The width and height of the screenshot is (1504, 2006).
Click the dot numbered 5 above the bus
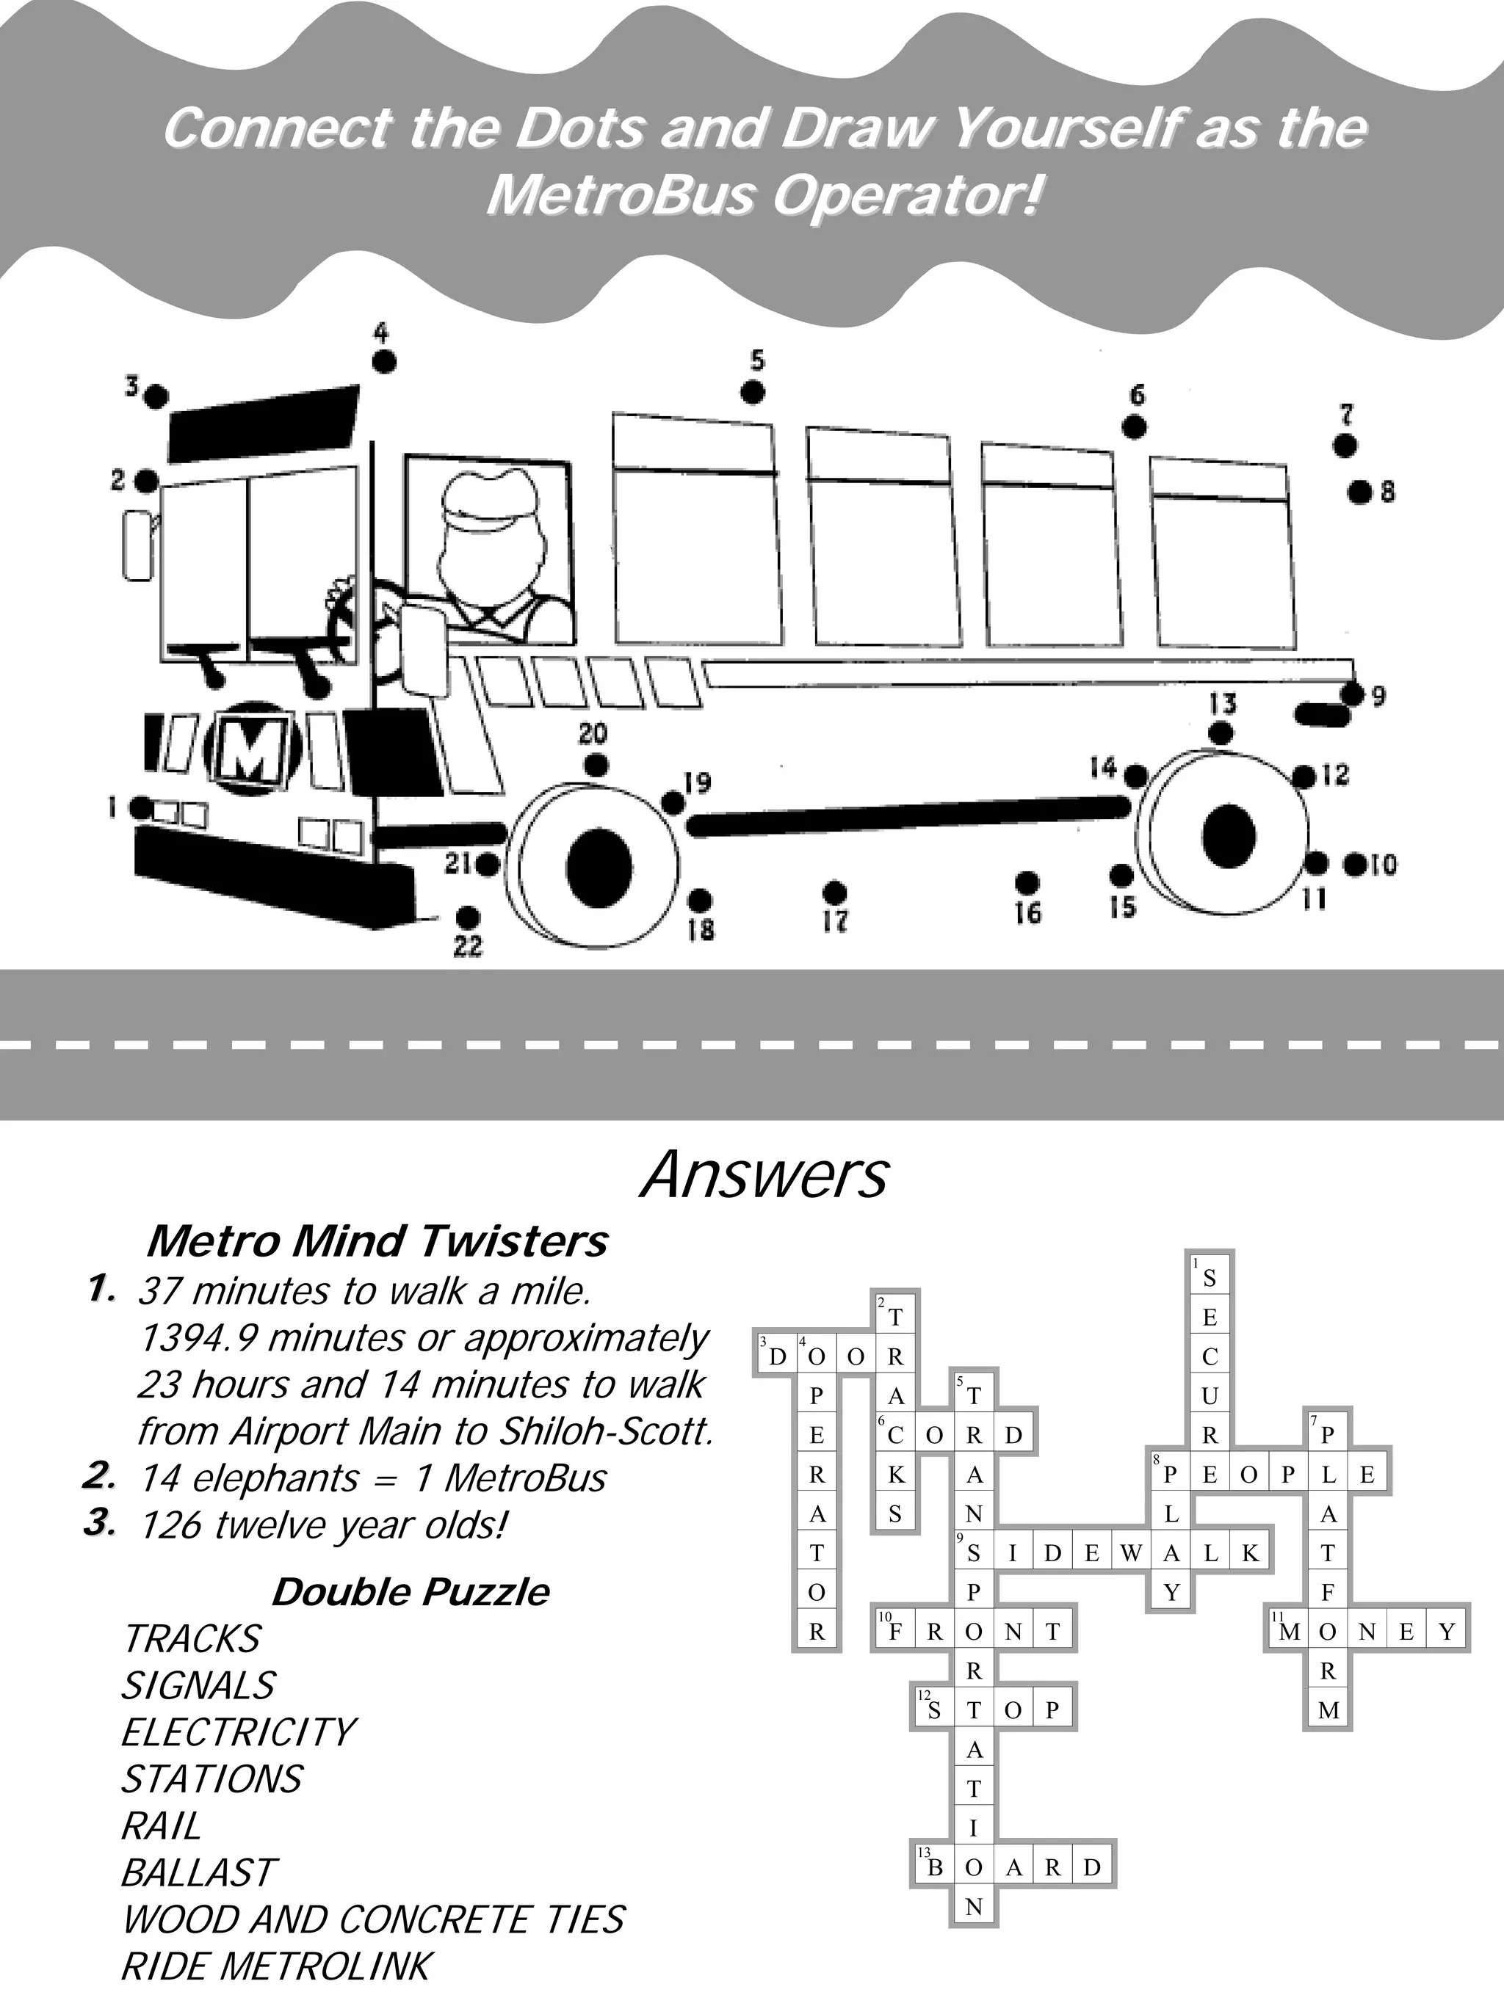[752, 393]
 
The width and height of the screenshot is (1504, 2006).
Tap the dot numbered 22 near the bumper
[467, 916]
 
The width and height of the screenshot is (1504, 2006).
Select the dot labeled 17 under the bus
[834, 893]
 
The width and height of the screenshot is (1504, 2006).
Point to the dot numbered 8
[1359, 493]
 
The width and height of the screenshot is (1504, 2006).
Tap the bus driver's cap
[495, 501]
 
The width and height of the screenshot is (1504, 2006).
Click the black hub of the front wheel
[599, 866]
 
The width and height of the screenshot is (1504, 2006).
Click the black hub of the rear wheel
[1229, 835]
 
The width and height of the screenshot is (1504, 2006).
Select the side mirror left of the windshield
[137, 544]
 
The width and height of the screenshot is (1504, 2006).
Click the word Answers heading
[764, 1176]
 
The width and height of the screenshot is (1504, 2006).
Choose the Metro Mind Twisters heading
[377, 1241]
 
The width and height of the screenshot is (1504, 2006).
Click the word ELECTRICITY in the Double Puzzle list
[239, 1732]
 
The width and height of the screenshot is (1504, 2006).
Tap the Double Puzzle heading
[411, 1591]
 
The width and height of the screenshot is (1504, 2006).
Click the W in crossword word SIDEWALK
[1131, 1553]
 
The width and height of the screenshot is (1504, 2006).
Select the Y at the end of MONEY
[1447, 1632]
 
